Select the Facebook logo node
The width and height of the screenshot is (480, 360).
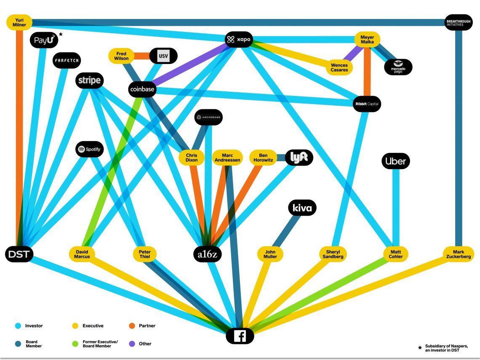240,336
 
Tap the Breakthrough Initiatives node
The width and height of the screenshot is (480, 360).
458,22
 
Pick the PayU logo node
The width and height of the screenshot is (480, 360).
44,40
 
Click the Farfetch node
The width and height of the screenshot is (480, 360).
67,61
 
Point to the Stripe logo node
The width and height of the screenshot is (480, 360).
89,80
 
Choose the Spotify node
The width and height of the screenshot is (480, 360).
89,149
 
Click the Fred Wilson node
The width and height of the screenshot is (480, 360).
121,56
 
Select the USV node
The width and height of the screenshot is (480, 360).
163,56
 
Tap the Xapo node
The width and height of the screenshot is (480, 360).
239,40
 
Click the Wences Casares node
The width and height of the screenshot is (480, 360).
339,67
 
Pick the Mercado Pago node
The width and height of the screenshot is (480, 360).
398,67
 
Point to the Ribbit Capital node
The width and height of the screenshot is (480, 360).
367,104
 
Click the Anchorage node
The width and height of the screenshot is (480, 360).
208,117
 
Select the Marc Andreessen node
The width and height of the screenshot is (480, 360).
227,158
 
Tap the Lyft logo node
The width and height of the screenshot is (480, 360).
299,157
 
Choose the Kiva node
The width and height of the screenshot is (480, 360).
302,208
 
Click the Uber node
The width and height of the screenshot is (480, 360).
395,161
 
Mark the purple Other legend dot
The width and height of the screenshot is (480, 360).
131,344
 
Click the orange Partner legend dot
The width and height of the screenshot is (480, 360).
131,326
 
